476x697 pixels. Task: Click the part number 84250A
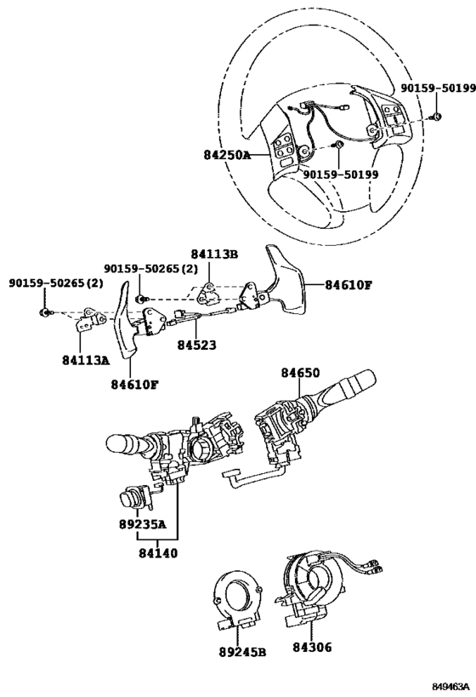(x=227, y=156)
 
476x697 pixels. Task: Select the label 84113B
(x=214, y=254)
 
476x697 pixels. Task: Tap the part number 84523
(x=197, y=346)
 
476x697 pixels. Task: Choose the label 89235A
(x=141, y=525)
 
